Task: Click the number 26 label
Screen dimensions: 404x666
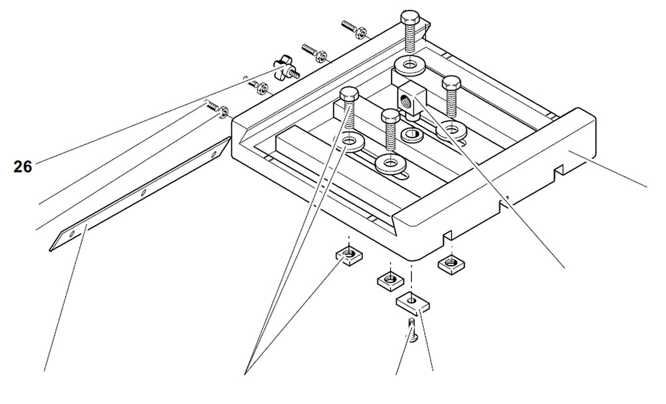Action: [23, 166]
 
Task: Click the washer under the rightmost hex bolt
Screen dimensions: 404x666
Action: [452, 127]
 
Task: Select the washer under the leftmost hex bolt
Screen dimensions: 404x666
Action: [350, 141]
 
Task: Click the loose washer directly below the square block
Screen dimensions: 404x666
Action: [410, 134]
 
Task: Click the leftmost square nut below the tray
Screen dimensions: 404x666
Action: [346, 254]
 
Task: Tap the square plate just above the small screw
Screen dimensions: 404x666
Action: [414, 303]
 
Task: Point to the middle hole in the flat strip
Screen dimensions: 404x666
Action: [143, 192]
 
